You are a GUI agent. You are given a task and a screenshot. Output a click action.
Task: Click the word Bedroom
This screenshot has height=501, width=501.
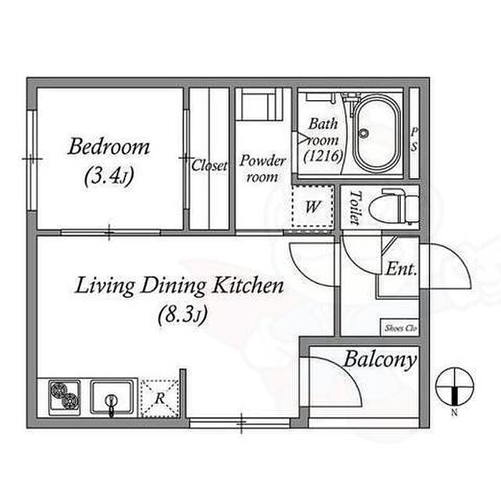[x=109, y=147]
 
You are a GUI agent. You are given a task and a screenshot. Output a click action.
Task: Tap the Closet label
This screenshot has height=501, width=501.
[x=210, y=165]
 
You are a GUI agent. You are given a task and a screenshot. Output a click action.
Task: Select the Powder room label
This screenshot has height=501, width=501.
[x=263, y=169]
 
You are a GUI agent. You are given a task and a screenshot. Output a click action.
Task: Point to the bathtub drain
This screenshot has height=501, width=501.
[x=364, y=133]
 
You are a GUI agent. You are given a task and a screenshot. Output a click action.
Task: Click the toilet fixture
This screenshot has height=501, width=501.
[x=394, y=207]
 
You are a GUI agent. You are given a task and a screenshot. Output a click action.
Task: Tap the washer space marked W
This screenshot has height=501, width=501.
[x=313, y=206]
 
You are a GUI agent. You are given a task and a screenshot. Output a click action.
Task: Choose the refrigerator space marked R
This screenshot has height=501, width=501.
[x=160, y=398]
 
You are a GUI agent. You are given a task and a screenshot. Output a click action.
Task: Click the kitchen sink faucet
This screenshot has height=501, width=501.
[x=112, y=405]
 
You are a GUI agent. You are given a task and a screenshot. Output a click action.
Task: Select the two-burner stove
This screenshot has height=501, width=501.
[x=65, y=398]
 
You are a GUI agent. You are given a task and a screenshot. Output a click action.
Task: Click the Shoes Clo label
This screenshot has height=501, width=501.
[x=401, y=328]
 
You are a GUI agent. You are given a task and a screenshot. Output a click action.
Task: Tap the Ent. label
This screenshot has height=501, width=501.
[x=402, y=269]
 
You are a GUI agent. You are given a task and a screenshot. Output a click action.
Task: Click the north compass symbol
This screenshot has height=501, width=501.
[x=455, y=386]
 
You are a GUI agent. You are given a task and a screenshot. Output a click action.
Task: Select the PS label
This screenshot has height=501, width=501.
[x=414, y=140]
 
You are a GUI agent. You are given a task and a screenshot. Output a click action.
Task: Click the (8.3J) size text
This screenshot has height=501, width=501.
[x=183, y=315]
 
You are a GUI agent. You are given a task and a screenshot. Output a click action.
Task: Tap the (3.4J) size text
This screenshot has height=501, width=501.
[x=109, y=176]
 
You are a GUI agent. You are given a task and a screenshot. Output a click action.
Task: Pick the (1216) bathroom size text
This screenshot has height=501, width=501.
[x=323, y=156]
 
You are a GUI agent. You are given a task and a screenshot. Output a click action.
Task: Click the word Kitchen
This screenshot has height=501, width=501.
[x=248, y=286]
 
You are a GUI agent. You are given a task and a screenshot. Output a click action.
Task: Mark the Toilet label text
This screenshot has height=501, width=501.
[x=356, y=207]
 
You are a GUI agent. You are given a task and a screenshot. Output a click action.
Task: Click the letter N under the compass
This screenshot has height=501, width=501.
[x=454, y=412]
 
